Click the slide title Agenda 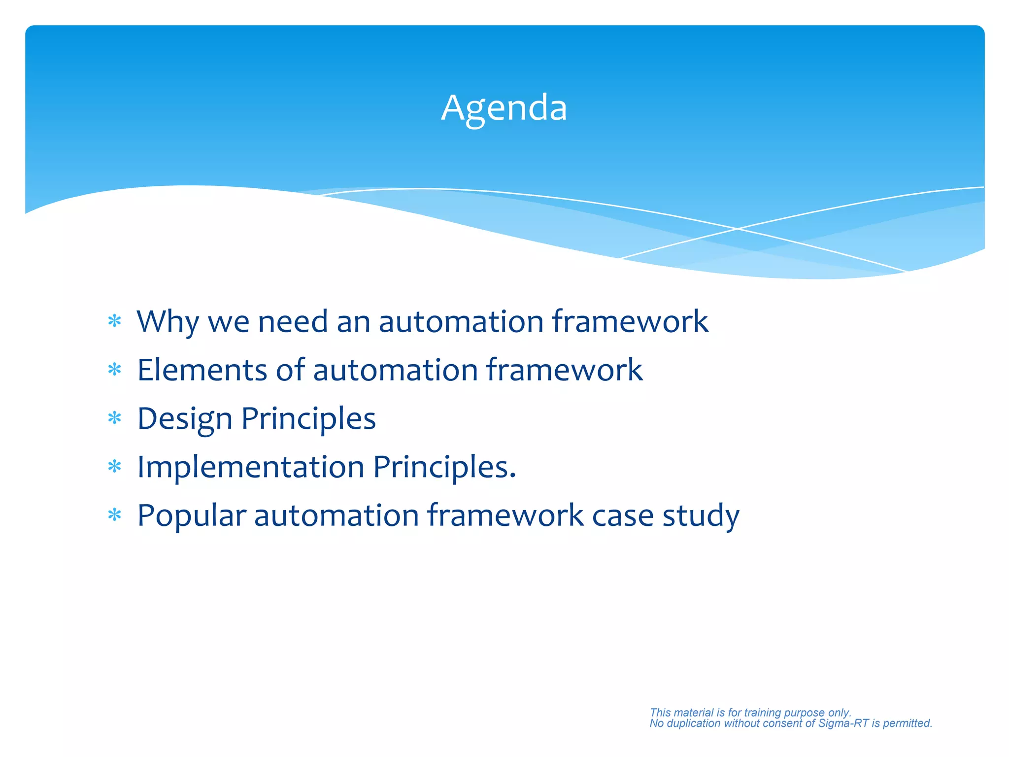coord(504,108)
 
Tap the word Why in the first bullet coord(167,322)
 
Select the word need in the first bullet coord(293,322)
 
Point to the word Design coord(184,419)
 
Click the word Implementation coord(250,467)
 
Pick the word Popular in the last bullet coord(191,516)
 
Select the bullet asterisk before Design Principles coord(115,418)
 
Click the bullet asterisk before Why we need coord(115,321)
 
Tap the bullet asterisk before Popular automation coord(115,516)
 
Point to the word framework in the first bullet coord(630,322)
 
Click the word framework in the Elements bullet coord(564,370)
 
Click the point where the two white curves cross coord(738,229)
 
